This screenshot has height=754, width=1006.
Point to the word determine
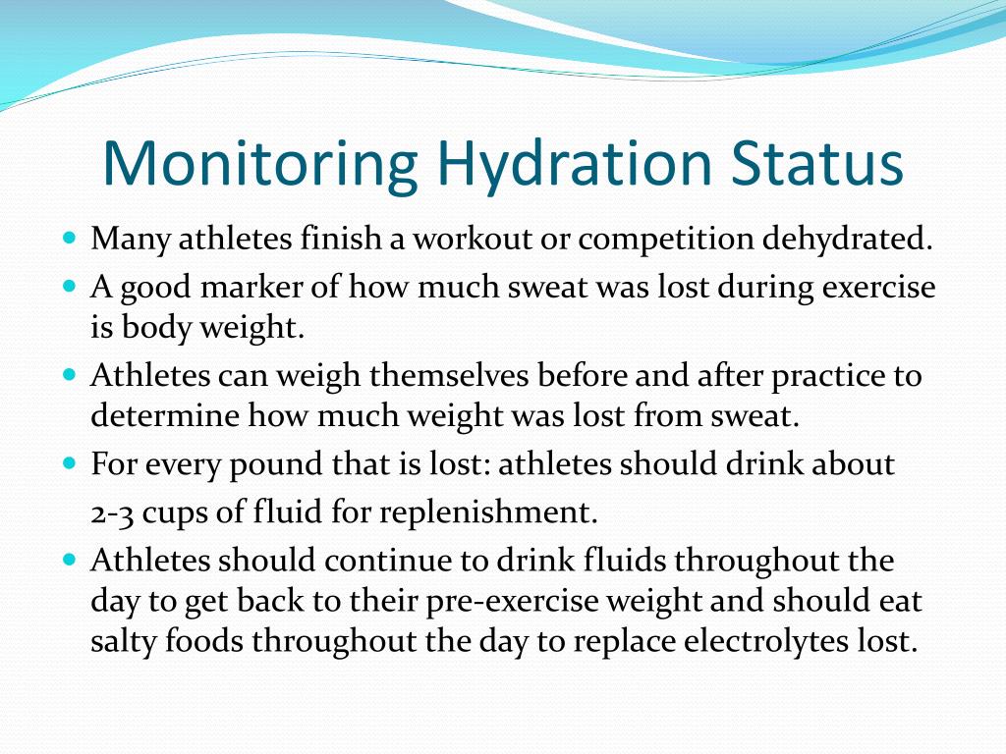click(x=163, y=415)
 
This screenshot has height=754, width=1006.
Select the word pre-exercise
click(x=526, y=600)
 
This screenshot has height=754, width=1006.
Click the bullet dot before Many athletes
click(x=69, y=239)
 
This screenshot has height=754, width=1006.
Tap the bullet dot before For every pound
click(x=69, y=461)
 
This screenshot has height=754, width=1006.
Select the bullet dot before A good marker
click(x=69, y=286)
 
